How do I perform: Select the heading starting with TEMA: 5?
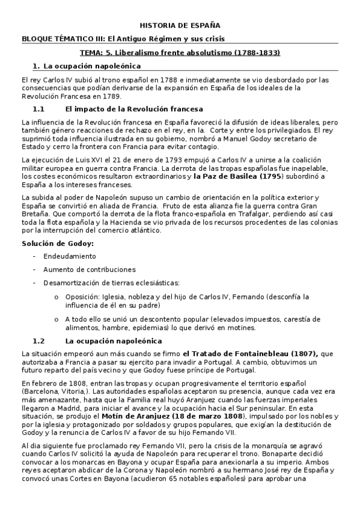[180, 52]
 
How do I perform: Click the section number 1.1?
[39, 109]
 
